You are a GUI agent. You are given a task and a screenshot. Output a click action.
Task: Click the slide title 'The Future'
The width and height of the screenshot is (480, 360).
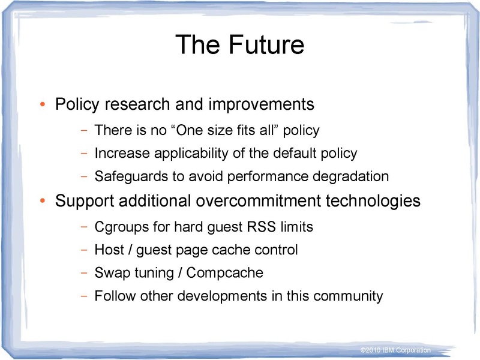tap(239, 45)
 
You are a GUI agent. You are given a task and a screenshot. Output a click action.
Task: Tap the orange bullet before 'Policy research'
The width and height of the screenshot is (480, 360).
tap(42, 106)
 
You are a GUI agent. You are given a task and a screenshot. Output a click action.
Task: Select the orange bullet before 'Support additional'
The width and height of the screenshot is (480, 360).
tap(42, 202)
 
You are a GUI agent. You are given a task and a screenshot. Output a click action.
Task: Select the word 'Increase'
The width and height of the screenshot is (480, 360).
tap(121, 153)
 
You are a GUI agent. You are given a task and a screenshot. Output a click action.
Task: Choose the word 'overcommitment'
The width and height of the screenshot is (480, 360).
tap(259, 201)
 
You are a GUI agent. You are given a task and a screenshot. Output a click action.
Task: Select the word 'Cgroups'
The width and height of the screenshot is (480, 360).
tap(119, 228)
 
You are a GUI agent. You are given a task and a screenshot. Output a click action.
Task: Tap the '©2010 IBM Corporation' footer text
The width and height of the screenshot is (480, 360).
tap(395, 350)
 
